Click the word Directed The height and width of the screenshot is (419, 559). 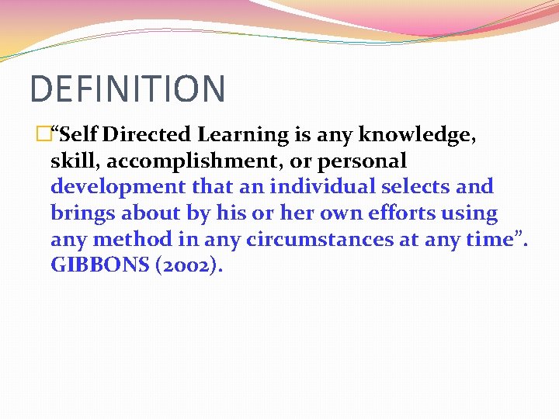point(147,135)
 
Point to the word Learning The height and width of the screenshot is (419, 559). point(242,135)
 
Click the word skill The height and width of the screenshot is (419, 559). point(71,161)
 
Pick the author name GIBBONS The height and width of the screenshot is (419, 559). point(99,265)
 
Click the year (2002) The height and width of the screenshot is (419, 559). point(189,265)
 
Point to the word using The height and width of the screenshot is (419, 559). point(469,213)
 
